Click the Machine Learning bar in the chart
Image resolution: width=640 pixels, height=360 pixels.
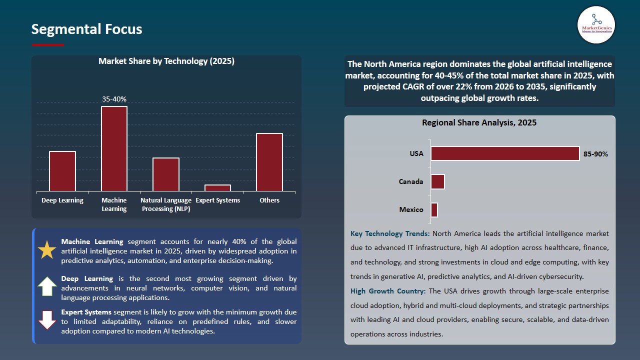[x=114, y=148]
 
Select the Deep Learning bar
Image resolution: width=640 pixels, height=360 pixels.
[x=62, y=171]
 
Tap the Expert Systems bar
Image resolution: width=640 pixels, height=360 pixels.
[x=218, y=188]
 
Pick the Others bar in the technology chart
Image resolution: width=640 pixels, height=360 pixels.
[x=269, y=162]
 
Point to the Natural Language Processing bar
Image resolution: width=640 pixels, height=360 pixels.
[x=166, y=174]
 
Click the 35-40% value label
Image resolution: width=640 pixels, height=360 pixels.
[x=114, y=99]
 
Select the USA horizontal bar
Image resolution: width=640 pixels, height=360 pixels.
[x=505, y=153]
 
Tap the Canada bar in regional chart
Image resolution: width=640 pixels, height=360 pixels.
[x=437, y=181]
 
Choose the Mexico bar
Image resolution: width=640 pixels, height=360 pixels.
[x=434, y=210]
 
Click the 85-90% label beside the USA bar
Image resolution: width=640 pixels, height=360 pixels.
[x=595, y=154]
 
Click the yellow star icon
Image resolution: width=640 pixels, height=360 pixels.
[x=47, y=249]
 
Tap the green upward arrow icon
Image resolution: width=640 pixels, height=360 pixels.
[x=47, y=286]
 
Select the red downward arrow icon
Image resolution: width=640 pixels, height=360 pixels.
[x=47, y=320]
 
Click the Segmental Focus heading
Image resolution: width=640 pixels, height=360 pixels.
[x=86, y=29]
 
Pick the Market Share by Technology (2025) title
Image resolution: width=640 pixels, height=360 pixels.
[x=166, y=61]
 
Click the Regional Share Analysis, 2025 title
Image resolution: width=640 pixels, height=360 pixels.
[x=479, y=122]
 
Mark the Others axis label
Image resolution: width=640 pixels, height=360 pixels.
[x=269, y=200]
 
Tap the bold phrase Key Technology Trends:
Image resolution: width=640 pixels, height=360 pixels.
[x=390, y=233]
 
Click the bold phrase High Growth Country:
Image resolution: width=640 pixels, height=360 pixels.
[x=388, y=291]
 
